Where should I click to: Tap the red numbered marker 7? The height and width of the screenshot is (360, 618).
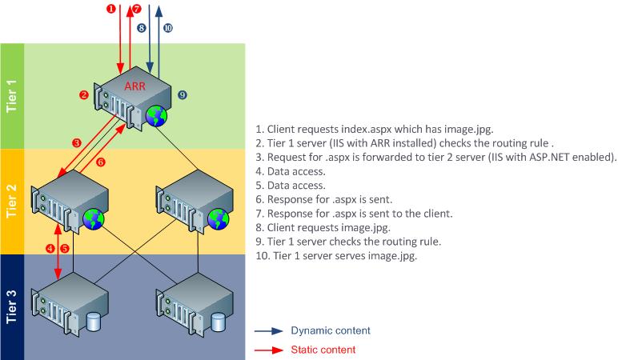137,10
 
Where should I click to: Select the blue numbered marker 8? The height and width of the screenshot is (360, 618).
141,27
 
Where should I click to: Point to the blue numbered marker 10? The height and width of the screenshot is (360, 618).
168,27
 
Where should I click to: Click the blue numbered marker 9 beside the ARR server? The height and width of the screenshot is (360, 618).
183,95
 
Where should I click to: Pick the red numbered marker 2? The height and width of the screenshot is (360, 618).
83,95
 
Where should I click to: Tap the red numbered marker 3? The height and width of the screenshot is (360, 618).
76,142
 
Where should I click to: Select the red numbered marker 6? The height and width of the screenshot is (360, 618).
100,162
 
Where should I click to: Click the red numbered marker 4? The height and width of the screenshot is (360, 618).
50,248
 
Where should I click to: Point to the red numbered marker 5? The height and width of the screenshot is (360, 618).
65,248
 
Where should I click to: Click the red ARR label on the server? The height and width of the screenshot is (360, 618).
134,86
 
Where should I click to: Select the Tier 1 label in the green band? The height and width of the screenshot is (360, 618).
12,96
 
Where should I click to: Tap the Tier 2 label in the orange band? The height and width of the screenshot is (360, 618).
12,200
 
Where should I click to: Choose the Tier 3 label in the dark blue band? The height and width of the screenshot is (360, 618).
12,306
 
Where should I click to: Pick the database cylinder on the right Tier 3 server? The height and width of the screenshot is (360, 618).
219,322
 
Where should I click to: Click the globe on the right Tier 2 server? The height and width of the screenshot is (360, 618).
220,218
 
